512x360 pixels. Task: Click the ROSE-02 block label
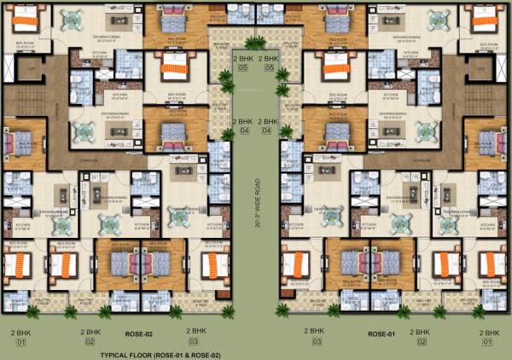pyautogui.click(x=137, y=334)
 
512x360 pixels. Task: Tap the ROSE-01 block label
pyautogui.click(x=381, y=334)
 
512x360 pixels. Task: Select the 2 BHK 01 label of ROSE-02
pyautogui.click(x=18, y=336)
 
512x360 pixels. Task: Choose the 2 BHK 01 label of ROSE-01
pyautogui.click(x=489, y=336)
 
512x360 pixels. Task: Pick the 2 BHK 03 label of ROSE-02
pyautogui.click(x=196, y=336)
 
